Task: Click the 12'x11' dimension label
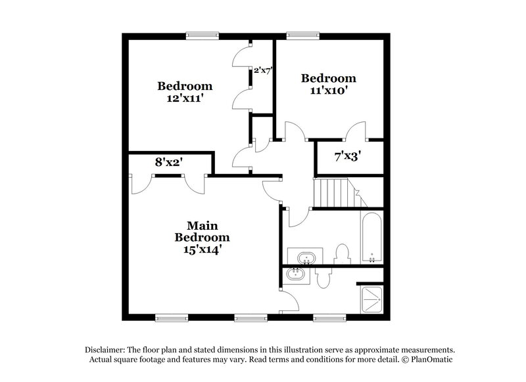185,98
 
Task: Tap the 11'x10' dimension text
329,91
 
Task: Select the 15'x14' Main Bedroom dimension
202,249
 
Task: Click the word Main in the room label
203,224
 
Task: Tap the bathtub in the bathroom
371,237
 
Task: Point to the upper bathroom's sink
302,256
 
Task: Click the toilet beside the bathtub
342,253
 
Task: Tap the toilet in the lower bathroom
323,279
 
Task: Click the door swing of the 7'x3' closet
356,131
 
